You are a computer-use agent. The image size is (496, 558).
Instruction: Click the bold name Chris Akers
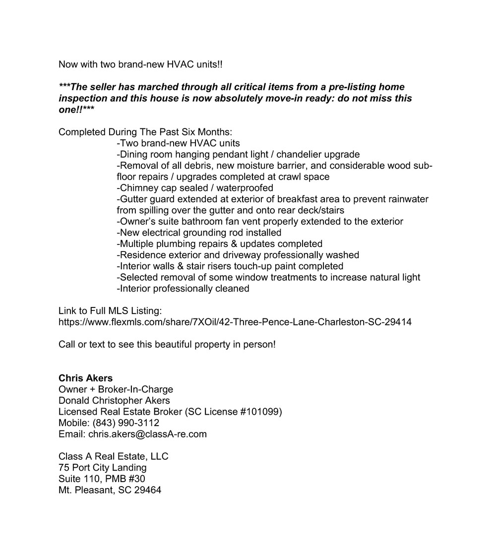click(85, 378)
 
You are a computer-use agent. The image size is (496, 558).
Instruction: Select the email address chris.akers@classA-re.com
click(147, 434)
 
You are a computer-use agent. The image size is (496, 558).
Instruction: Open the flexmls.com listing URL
click(235, 322)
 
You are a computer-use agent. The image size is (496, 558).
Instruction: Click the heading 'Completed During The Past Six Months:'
click(145, 132)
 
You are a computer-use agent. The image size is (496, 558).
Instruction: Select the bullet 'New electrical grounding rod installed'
click(198, 233)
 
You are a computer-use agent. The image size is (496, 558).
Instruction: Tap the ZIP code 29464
click(147, 490)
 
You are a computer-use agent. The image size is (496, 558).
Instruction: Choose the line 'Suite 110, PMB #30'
click(102, 479)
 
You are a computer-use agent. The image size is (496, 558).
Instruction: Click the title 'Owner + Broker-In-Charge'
click(116, 389)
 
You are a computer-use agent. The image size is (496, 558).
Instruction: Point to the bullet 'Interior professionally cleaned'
click(183, 288)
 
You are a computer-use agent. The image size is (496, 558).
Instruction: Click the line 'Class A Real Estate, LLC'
click(113, 456)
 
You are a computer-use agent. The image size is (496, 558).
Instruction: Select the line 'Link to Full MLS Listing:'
click(110, 311)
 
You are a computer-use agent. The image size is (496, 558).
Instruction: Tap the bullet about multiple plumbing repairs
click(219, 244)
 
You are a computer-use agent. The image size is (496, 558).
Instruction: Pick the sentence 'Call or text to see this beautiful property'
click(167, 344)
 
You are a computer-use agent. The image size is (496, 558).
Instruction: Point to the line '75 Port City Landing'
click(102, 468)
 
